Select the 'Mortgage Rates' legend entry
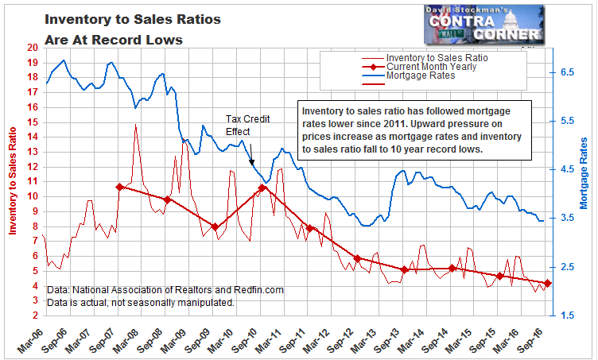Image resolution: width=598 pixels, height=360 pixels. (x=420, y=75)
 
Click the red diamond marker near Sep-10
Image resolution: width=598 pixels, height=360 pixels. (x=262, y=188)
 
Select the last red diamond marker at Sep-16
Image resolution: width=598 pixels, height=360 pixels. (x=548, y=284)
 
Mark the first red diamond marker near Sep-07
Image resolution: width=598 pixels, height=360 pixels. (x=119, y=187)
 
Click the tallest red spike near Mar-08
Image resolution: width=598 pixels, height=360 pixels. (x=136, y=125)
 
